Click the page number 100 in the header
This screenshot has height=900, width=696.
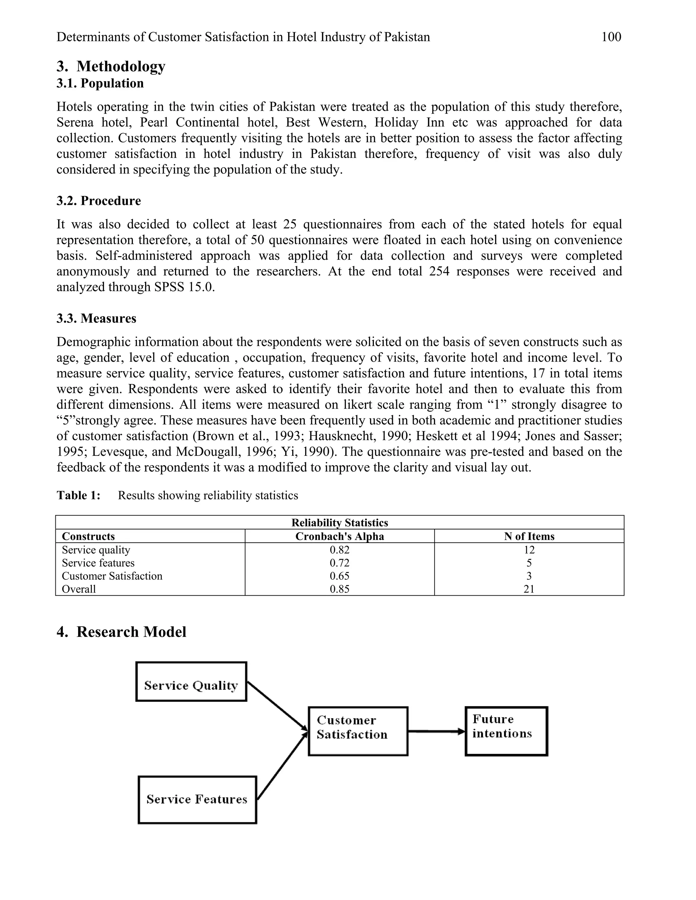611,37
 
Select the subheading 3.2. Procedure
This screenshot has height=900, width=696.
99,201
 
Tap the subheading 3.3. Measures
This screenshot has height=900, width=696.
96,318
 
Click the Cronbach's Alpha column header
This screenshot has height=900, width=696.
340,536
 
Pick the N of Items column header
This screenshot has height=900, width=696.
529,536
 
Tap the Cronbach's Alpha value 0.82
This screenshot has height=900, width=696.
340,550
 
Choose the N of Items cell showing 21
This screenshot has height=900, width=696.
529,589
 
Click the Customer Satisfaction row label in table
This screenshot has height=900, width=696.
112,576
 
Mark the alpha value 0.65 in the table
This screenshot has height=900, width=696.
340,576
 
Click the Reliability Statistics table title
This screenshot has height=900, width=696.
340,523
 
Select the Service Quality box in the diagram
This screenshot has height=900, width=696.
191,686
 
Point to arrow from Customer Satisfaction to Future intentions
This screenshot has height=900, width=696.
436,732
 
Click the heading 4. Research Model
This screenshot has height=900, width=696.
121,632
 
